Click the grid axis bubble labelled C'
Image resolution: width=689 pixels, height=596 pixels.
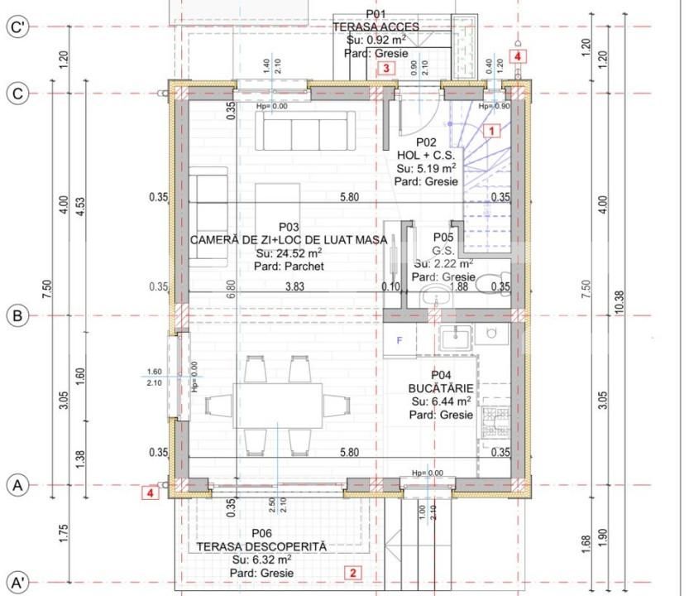click(x=17, y=27)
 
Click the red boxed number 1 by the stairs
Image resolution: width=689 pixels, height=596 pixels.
click(x=491, y=130)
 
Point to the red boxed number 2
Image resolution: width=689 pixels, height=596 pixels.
click(x=352, y=572)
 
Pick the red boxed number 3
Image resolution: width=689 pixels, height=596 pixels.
click(x=385, y=69)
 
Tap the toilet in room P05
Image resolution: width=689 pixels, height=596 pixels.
click(x=493, y=278)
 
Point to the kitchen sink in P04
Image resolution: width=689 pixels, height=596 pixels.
click(x=455, y=337)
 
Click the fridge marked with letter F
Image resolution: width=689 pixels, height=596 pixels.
click(x=400, y=340)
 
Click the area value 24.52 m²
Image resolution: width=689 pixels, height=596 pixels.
click(x=289, y=253)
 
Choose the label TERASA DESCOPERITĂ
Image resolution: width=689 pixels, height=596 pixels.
click(x=261, y=547)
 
